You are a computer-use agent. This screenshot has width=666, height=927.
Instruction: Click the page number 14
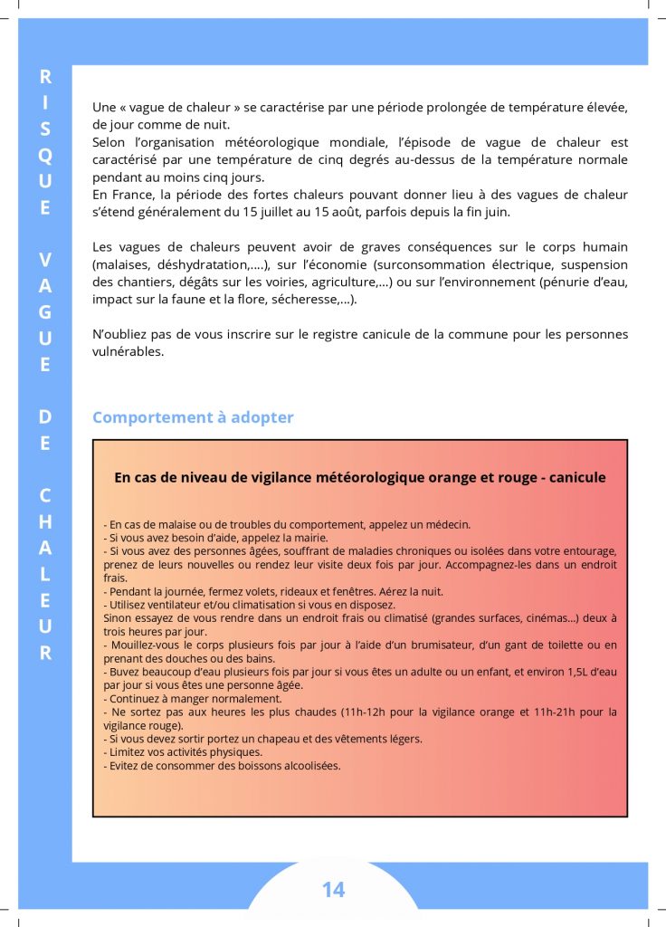333,890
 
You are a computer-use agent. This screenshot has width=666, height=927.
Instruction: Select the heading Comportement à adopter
193,417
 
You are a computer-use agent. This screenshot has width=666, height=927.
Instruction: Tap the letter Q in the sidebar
45,155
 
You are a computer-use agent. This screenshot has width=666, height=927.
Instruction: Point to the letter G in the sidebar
45,312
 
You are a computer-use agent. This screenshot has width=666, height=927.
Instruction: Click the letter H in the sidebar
45,522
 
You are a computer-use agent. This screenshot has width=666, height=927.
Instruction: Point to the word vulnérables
128,351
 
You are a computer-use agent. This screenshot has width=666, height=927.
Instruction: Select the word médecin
449,524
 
